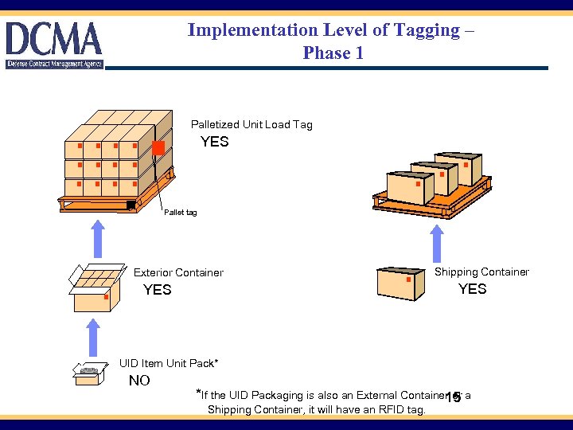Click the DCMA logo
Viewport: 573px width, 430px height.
point(54,45)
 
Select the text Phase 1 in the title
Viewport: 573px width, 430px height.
point(333,53)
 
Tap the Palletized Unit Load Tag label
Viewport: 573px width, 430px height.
point(251,124)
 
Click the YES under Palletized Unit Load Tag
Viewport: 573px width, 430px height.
point(214,142)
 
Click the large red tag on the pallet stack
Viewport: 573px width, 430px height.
point(158,148)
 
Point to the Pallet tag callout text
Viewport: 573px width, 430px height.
point(180,213)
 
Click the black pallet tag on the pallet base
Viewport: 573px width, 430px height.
point(131,205)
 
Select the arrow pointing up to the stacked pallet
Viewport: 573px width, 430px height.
point(96,238)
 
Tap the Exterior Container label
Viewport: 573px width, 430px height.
point(178,272)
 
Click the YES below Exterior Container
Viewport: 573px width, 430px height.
point(157,290)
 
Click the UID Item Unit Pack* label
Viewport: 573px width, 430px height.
point(168,363)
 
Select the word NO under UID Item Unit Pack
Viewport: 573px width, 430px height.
point(139,381)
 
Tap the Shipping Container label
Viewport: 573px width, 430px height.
point(481,272)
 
